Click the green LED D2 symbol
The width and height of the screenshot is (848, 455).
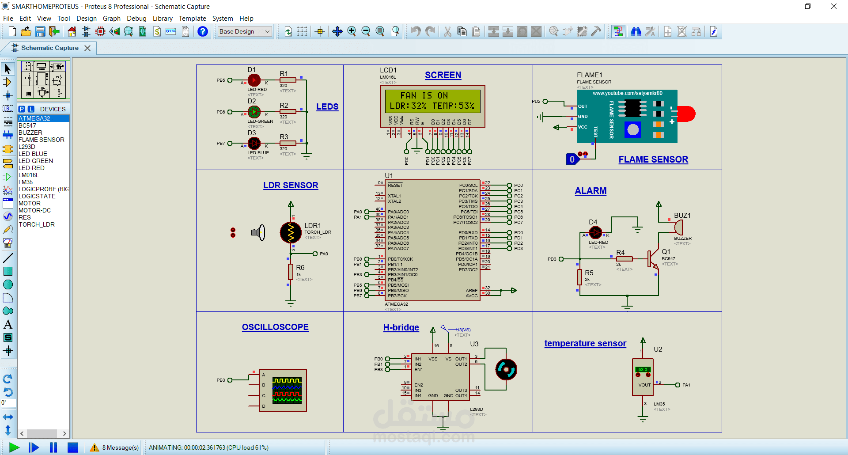pyautogui.click(x=254, y=112)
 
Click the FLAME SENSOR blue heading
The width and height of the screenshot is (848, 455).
pyautogui.click(x=653, y=159)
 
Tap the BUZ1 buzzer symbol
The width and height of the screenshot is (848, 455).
pyautogui.click(x=678, y=227)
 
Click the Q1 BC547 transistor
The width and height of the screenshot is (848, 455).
pyautogui.click(x=652, y=259)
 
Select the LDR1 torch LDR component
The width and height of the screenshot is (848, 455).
pyautogui.click(x=291, y=232)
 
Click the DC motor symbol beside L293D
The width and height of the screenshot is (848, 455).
pyautogui.click(x=506, y=370)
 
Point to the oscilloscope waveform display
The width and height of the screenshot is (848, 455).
pyautogui.click(x=287, y=390)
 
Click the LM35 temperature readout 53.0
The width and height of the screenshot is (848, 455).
pyautogui.click(x=643, y=369)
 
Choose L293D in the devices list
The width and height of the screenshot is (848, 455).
pyautogui.click(x=27, y=147)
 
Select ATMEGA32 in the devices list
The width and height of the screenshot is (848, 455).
pyautogui.click(x=34, y=118)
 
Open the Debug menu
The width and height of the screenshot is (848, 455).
pyautogui.click(x=136, y=19)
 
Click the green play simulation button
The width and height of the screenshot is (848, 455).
pyautogui.click(x=14, y=447)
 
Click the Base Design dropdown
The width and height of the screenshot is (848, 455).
pyautogui.click(x=245, y=31)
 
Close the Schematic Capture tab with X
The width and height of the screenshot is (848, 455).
pyautogui.click(x=87, y=48)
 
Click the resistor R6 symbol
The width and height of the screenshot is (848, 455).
pyautogui.click(x=291, y=272)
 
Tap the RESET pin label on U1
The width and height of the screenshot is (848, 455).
pyautogui.click(x=395, y=185)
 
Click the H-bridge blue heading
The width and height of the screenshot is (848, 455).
pyautogui.click(x=401, y=327)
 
